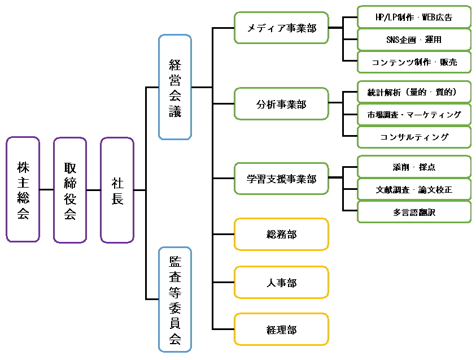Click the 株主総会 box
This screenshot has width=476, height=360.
23,190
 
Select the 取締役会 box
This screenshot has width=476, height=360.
70,190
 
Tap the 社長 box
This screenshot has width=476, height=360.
117,190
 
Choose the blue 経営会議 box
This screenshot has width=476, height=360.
175,87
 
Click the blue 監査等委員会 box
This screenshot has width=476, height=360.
175,299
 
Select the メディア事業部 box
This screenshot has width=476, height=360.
281,28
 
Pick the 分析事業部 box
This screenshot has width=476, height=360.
281,103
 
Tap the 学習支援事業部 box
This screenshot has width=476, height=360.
281,179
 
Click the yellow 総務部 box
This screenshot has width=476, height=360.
281,235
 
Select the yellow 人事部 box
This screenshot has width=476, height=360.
281,283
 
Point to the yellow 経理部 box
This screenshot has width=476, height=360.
281,329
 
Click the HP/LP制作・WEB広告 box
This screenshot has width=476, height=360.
414,17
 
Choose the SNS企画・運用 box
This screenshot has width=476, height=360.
414,40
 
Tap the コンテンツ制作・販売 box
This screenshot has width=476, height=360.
414,62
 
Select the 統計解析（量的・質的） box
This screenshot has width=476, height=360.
414,92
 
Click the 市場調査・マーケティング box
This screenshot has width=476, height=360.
414,114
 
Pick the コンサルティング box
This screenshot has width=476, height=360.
414,137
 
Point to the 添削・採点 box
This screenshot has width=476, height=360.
414,167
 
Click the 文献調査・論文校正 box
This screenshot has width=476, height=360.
414,189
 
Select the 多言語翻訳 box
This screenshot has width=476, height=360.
414,212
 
